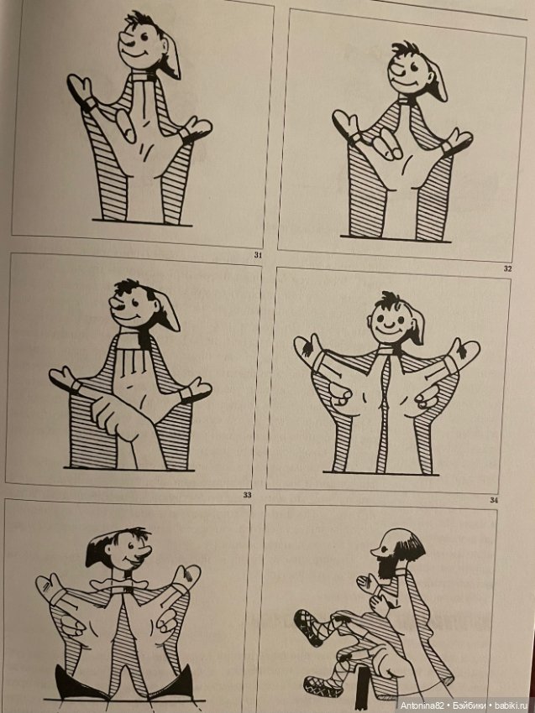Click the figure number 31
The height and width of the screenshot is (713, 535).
pyautogui.click(x=258, y=255)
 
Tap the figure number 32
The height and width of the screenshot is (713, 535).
pyautogui.click(x=507, y=268)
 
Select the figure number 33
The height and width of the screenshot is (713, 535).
pyautogui.click(x=247, y=495)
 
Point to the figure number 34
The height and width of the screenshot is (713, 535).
pyautogui.click(x=494, y=500)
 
